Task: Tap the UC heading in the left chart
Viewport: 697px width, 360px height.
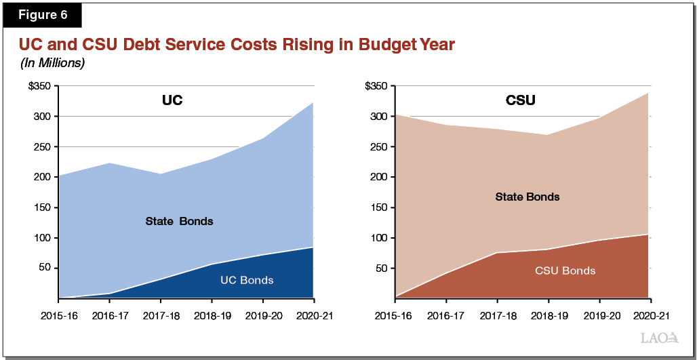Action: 172,101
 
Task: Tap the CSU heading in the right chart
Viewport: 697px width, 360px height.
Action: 521,101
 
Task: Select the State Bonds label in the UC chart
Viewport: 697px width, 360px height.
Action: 179,221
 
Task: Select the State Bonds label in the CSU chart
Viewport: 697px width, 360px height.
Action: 527,197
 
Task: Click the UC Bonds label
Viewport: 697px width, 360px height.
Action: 247,279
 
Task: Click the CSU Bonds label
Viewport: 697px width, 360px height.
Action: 565,271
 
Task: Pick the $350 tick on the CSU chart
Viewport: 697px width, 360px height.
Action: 376,86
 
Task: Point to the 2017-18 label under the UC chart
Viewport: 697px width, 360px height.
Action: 160,316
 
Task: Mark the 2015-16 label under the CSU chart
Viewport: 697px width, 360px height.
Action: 393,316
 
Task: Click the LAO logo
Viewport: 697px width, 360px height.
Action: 658,337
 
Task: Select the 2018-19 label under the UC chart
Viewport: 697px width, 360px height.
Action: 211,316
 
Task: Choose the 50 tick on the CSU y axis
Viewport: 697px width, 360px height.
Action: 382,268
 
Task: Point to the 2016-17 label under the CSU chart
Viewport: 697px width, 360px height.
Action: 445,316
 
